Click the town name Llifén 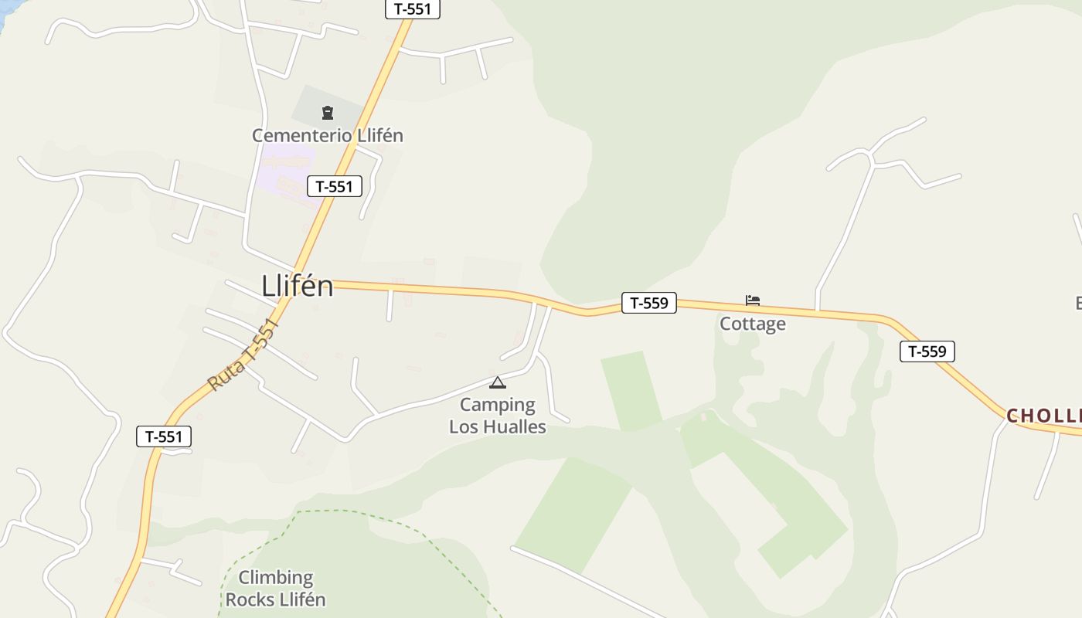(x=298, y=286)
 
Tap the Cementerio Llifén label (x=328, y=135)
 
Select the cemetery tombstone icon (x=327, y=114)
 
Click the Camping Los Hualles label (x=498, y=416)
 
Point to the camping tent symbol (x=498, y=382)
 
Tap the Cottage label (x=753, y=324)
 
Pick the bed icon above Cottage (x=753, y=301)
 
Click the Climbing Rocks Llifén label (x=276, y=589)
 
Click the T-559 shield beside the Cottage (x=649, y=303)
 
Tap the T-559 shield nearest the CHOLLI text (x=927, y=351)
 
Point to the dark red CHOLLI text (x=1043, y=416)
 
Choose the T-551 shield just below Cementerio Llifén (x=335, y=186)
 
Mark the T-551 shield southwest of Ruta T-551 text (x=164, y=436)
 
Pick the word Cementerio (x=302, y=135)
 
